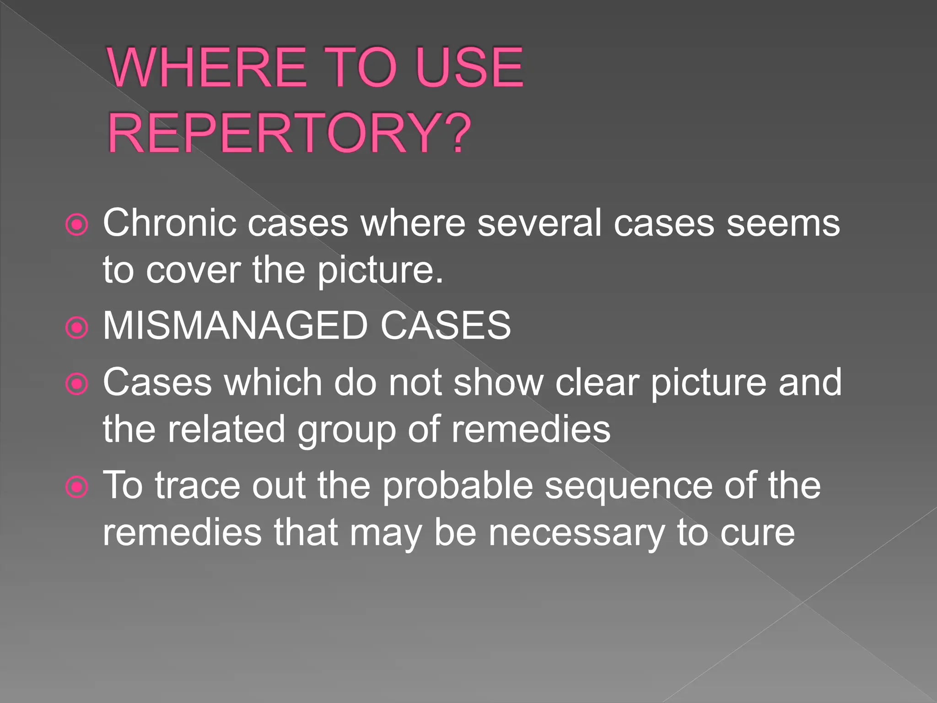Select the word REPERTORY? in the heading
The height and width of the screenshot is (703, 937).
coord(289,134)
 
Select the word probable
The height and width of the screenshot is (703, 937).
coord(458,486)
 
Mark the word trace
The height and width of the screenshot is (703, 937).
coord(197,486)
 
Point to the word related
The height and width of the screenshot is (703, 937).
coord(226,429)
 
